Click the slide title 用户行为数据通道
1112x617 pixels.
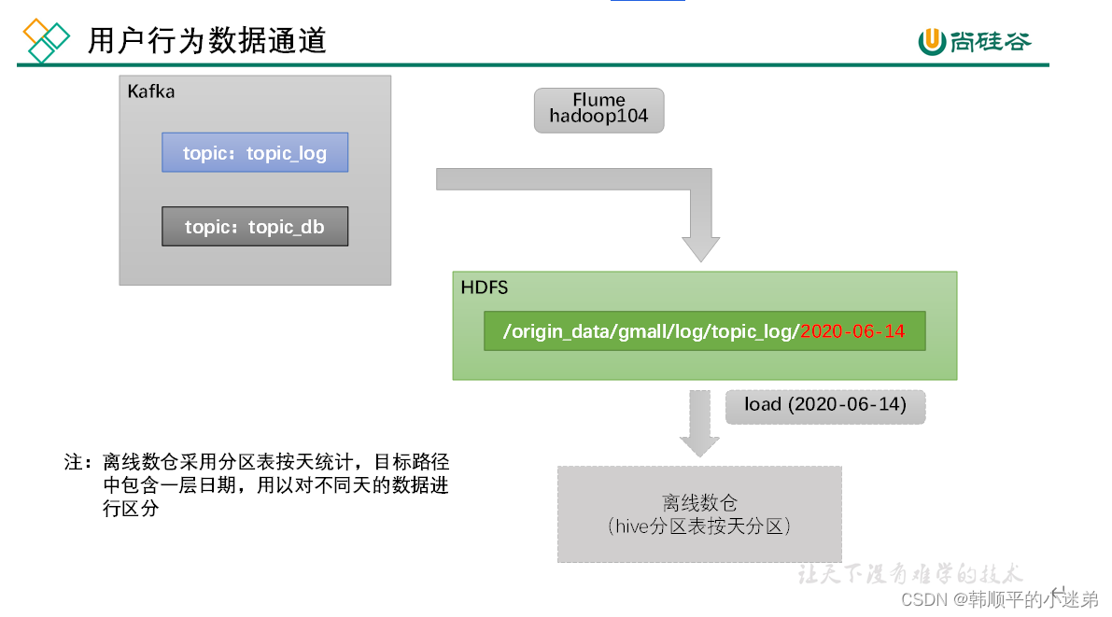coord(206,41)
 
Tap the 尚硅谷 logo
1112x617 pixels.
coord(975,41)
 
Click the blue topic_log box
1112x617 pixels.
coord(255,152)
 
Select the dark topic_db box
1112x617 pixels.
coord(255,227)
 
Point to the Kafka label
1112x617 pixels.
coord(150,91)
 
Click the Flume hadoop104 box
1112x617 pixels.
coord(598,110)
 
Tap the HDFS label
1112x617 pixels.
coord(485,287)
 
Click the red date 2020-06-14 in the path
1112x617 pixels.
coord(852,331)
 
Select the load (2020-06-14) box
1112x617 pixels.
coord(824,406)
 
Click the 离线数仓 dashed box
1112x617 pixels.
coord(699,513)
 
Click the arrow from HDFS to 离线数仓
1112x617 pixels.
coord(699,425)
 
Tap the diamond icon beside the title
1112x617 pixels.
coord(46,39)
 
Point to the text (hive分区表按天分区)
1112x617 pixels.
coord(699,526)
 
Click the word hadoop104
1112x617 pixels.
coord(598,118)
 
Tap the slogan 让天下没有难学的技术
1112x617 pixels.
coord(910,573)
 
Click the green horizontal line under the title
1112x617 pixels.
coord(532,65)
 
